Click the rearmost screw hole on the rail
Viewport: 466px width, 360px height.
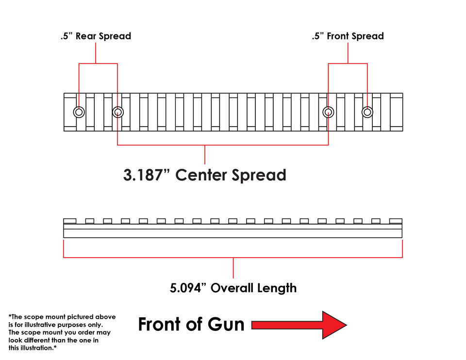[79, 112]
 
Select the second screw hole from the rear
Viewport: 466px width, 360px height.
[118, 112]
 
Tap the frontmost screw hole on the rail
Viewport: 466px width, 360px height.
[367, 112]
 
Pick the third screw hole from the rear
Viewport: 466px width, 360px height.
[328, 112]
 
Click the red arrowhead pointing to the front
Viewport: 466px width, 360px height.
[334, 325]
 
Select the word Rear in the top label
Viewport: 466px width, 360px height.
[86, 36]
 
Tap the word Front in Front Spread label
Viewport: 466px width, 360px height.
[338, 36]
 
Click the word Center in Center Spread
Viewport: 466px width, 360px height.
[201, 175]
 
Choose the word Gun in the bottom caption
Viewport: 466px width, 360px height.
[226, 324]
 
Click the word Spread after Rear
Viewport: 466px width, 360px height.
[115, 36]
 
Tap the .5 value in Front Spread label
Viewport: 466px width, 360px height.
[317, 36]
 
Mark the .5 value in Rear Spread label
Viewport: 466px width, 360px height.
[67, 36]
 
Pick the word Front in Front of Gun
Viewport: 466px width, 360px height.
[160, 324]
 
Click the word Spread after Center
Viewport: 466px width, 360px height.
[259, 176]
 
